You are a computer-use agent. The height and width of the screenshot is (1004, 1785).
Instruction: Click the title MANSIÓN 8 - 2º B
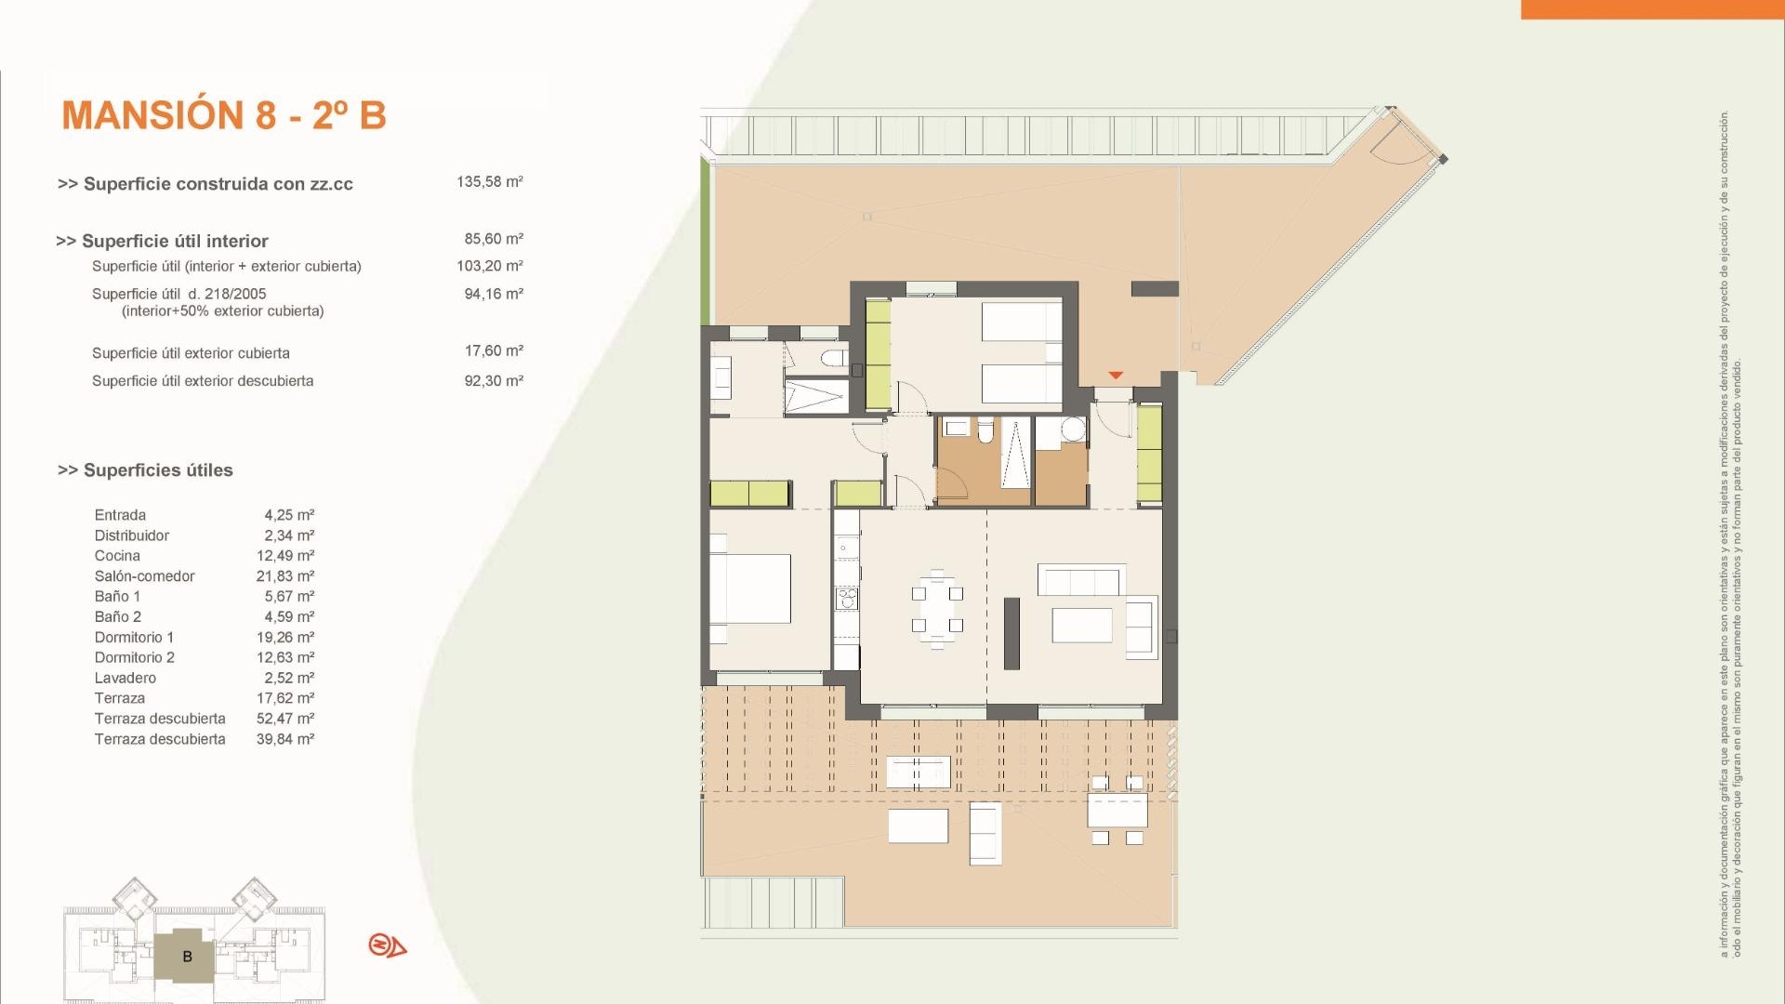[x=223, y=115]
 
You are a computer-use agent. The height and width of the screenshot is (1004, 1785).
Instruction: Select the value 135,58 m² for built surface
[x=489, y=182]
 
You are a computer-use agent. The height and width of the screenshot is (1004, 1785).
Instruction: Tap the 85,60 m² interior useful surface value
[x=493, y=239]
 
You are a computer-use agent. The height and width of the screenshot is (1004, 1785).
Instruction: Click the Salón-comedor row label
[x=144, y=576]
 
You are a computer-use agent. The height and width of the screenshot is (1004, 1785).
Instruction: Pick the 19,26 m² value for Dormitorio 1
[x=285, y=638]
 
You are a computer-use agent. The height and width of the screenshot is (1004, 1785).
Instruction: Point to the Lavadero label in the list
[x=125, y=679]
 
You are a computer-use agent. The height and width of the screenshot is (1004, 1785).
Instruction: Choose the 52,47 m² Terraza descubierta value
[x=285, y=719]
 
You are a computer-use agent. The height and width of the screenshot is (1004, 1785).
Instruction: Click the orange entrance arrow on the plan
[x=1116, y=375]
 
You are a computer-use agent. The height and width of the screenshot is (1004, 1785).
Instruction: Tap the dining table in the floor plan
[x=937, y=608]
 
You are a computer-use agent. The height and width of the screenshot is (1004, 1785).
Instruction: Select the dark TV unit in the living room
[x=1011, y=633]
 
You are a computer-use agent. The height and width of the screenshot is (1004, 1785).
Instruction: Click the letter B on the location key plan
[x=188, y=957]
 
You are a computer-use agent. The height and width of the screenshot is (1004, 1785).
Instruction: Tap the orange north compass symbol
[x=387, y=946]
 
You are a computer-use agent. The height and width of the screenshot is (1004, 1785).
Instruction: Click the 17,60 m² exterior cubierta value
[x=493, y=351]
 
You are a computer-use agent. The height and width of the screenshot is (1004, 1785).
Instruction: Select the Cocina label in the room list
[x=117, y=556]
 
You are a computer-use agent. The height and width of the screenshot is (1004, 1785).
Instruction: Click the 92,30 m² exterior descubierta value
[x=493, y=381]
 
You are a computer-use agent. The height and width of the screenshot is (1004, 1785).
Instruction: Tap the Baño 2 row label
[x=118, y=617]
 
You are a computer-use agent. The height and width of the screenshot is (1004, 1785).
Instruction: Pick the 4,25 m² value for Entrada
[x=289, y=515]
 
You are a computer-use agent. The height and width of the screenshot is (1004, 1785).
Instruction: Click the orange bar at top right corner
[x=1652, y=8]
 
